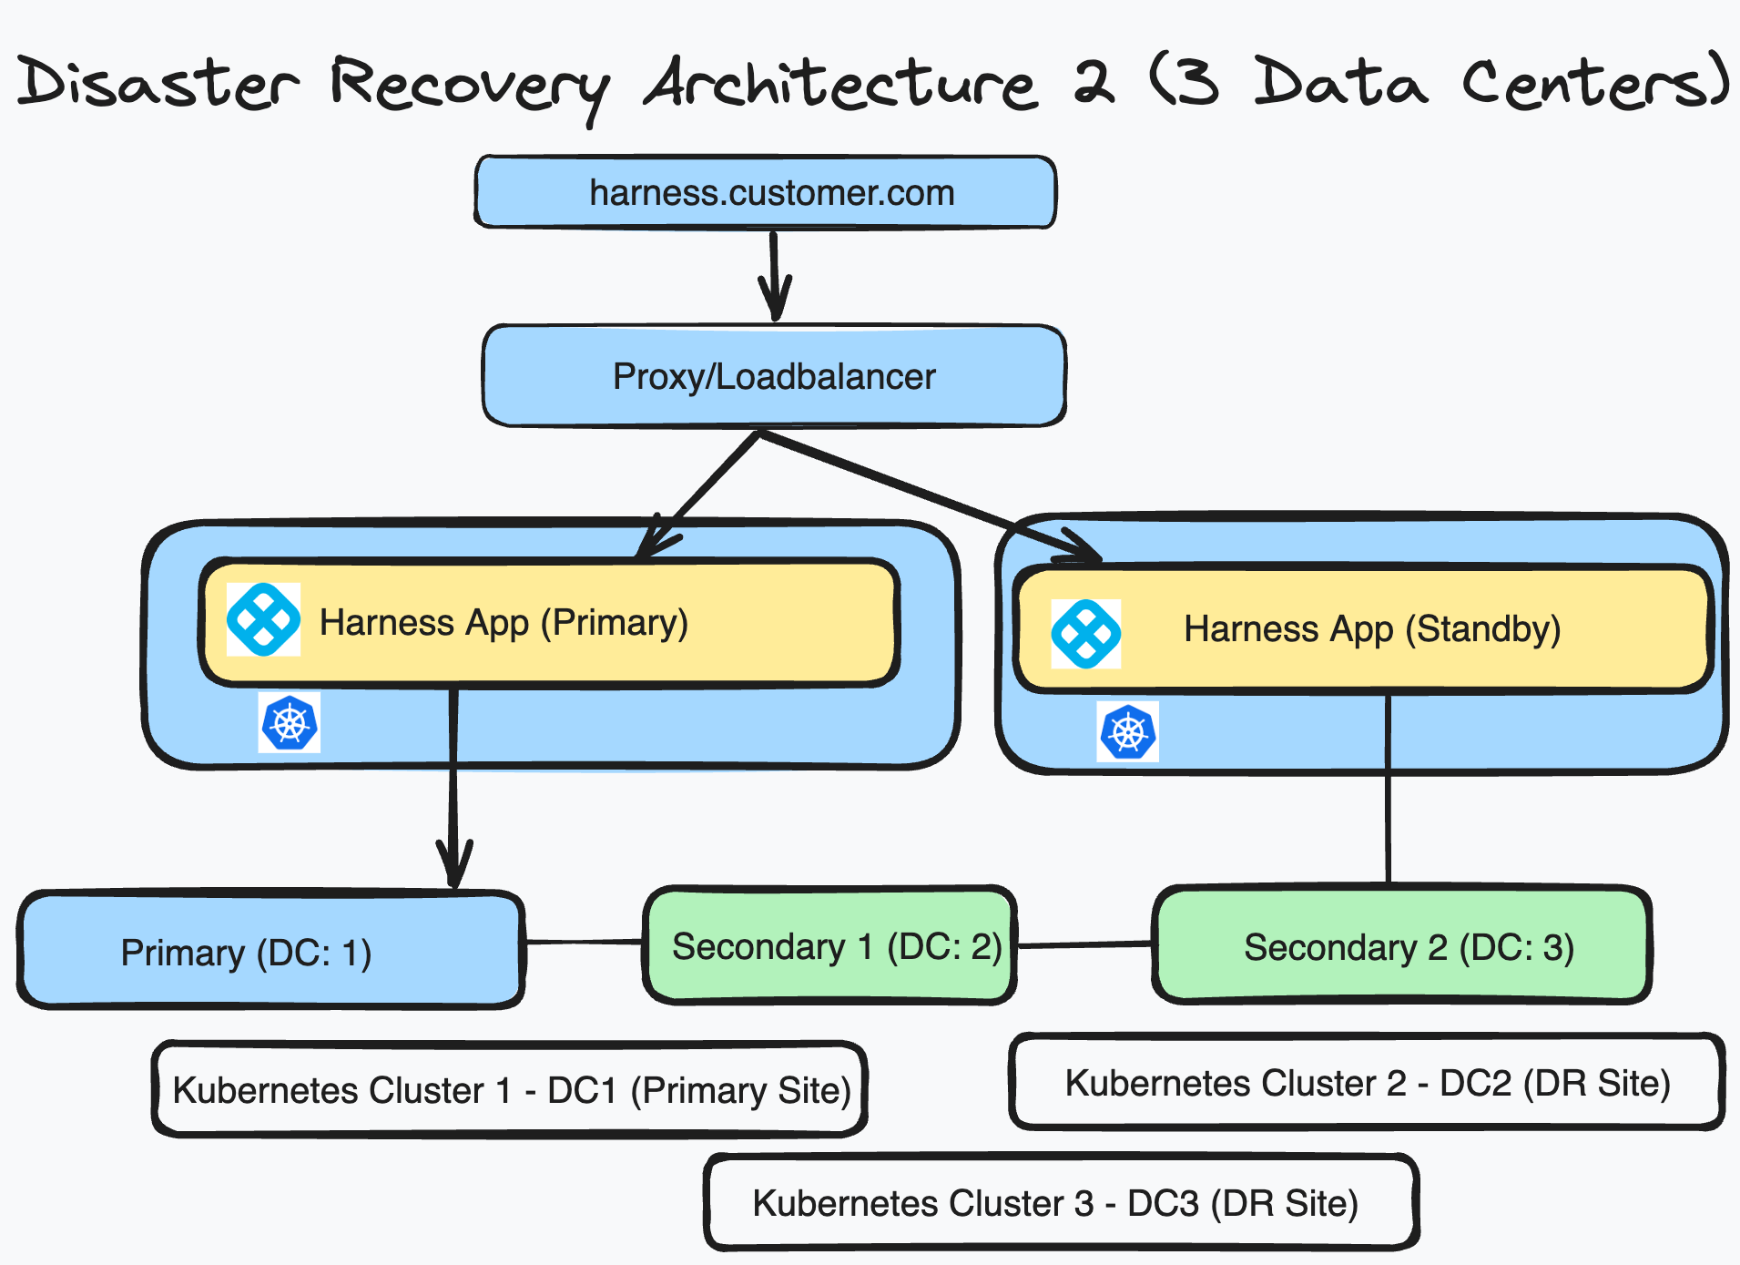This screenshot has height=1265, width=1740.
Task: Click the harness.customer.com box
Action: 765,192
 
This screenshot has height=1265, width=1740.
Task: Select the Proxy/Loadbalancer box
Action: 774,376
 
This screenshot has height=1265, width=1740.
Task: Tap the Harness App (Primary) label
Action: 504,623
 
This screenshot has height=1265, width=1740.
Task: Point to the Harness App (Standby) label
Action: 1372,629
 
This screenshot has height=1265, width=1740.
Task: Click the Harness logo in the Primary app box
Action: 263,620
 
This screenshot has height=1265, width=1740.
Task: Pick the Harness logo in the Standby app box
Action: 1085,634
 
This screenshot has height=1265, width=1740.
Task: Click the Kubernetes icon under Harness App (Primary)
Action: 290,723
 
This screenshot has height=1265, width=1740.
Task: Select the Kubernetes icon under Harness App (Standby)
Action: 1128,731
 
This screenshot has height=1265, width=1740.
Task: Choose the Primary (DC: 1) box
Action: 270,951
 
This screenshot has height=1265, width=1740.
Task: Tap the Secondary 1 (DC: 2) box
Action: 830,946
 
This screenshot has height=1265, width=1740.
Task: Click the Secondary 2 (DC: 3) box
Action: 1402,946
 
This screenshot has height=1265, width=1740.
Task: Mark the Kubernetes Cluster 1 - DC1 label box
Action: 510,1089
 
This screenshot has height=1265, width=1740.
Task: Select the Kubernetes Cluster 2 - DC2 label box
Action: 1368,1083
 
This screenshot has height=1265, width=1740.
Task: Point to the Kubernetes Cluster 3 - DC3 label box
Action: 1062,1203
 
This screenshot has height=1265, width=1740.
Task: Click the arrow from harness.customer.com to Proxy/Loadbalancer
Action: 774,273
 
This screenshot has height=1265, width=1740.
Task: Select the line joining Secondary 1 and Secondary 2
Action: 1084,945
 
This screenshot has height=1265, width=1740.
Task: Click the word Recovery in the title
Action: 469,84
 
